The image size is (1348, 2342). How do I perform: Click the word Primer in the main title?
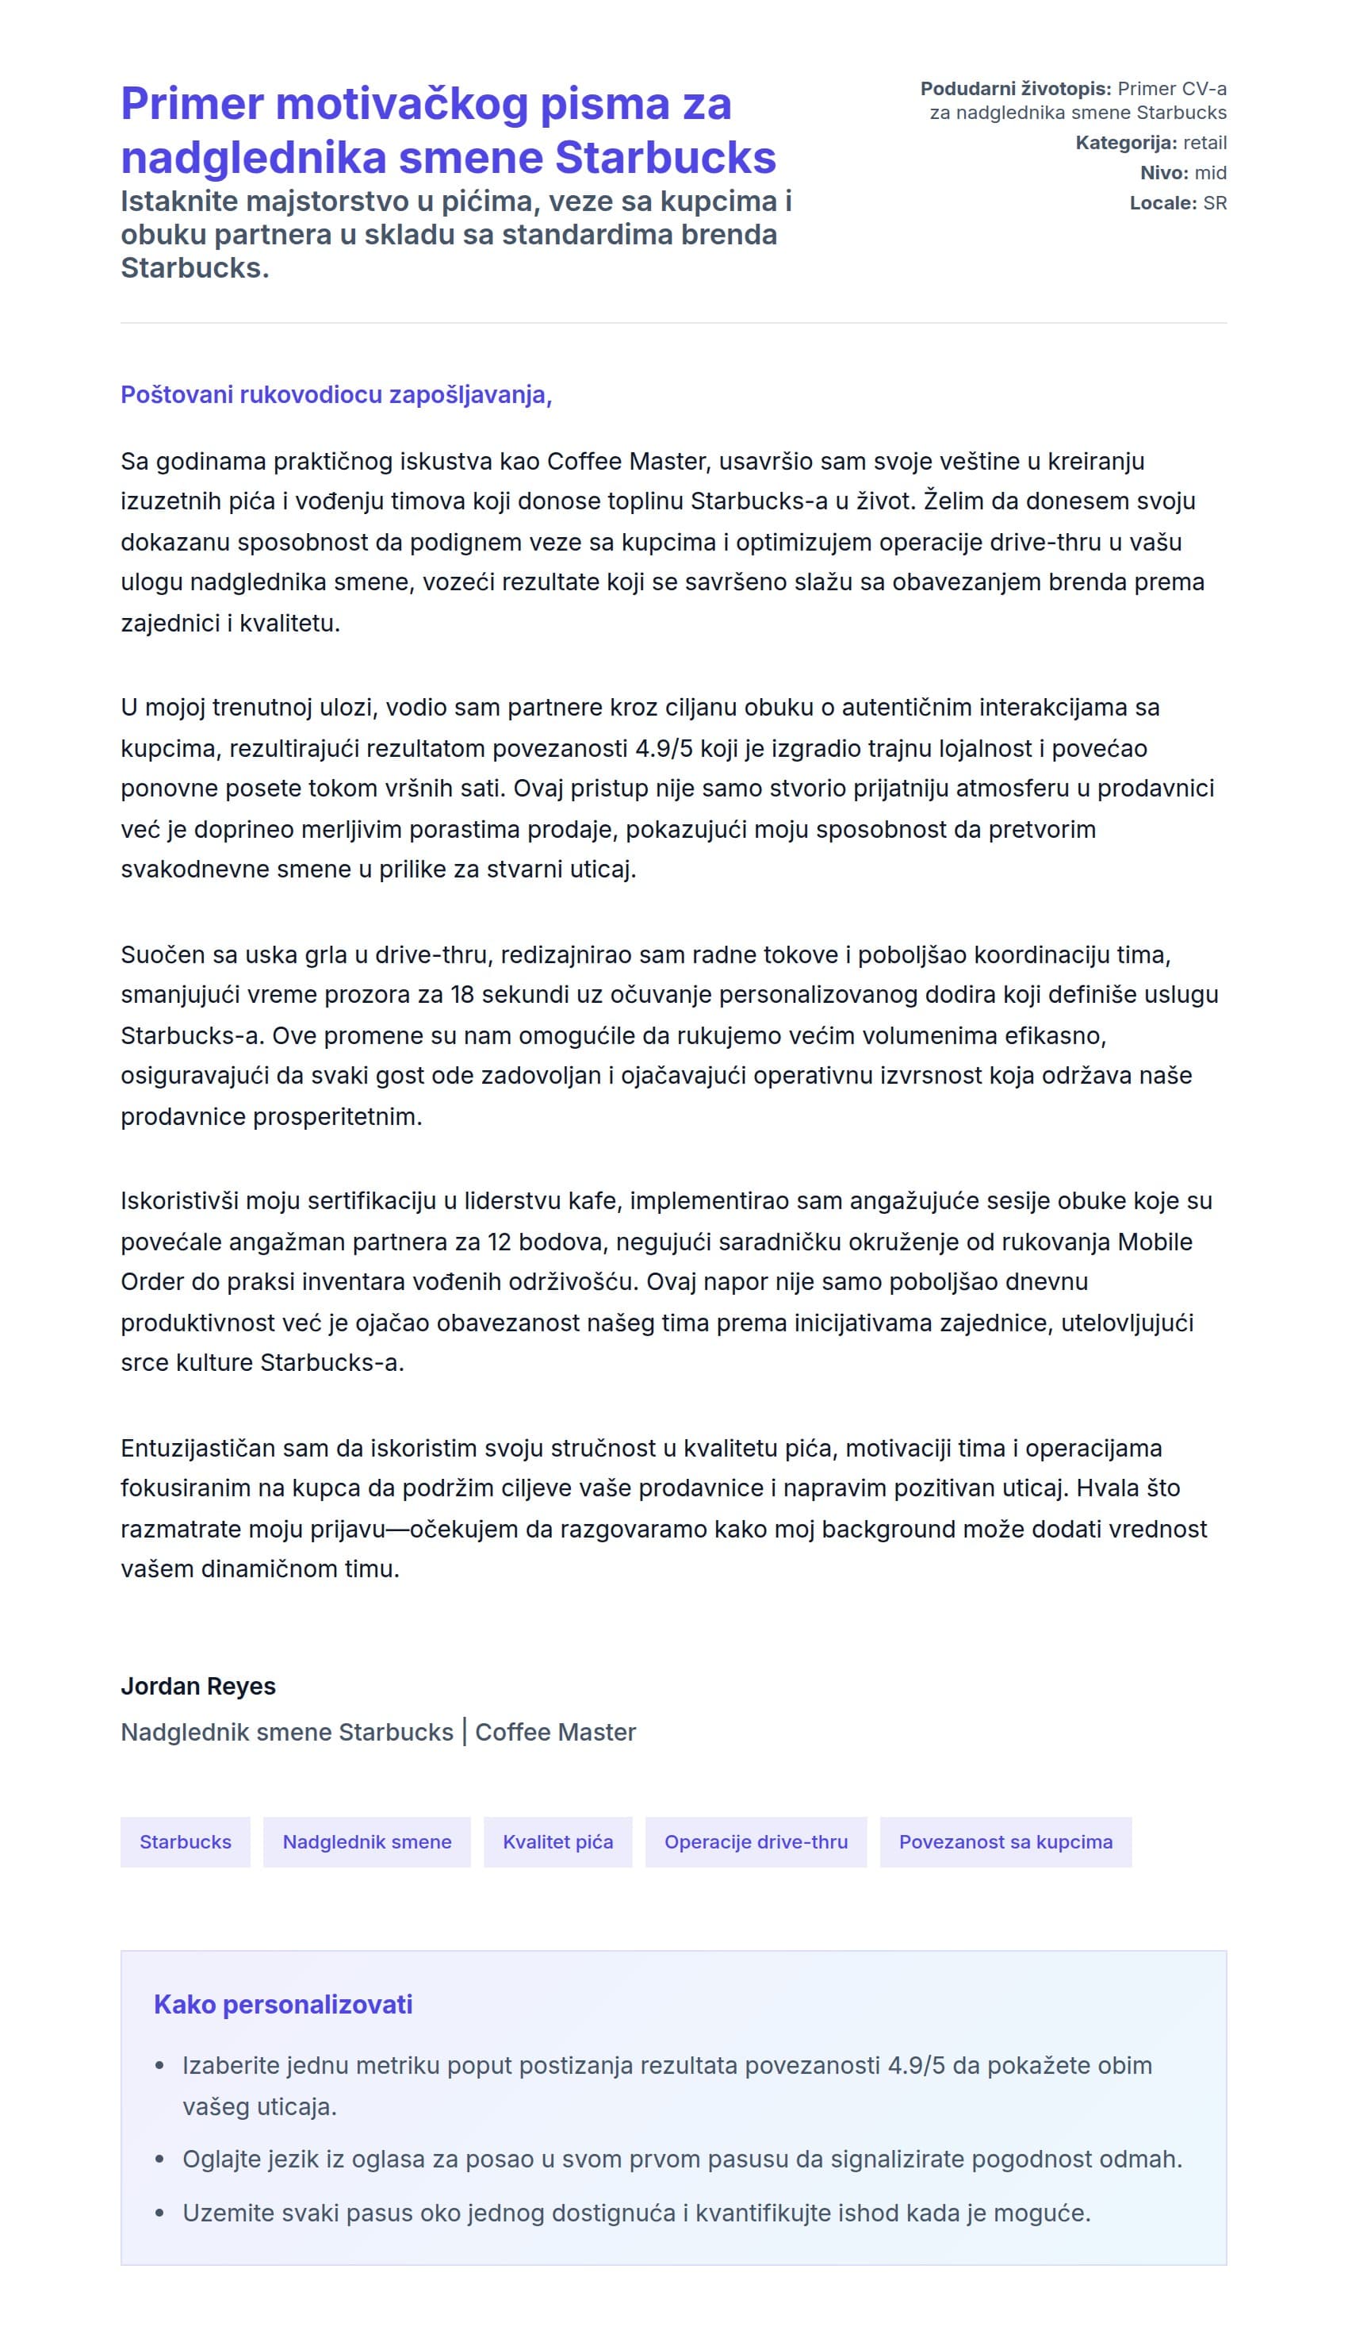click(x=192, y=104)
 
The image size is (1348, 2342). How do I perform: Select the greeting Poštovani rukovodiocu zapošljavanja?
click(x=335, y=394)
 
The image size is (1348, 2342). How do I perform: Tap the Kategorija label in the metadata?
click(x=1126, y=143)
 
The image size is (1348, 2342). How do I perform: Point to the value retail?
click(x=1204, y=143)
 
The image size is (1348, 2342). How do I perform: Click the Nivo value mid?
click(x=1210, y=173)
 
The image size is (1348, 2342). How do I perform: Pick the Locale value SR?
click(x=1215, y=203)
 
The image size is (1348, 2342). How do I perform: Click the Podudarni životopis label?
click(x=1015, y=89)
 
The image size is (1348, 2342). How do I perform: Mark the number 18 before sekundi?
click(x=463, y=995)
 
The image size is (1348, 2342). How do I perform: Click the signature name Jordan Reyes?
click(x=198, y=1687)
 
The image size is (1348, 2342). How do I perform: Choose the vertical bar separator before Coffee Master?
click(x=464, y=1733)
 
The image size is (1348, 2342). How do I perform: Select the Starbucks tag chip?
click(x=186, y=1842)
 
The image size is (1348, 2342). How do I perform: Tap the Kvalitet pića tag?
click(x=557, y=1842)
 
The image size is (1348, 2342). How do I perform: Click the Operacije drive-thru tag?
click(x=756, y=1842)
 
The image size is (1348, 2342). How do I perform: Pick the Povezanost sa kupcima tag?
click(x=1005, y=1842)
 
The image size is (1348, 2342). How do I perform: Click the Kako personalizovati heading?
click(x=282, y=2005)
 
